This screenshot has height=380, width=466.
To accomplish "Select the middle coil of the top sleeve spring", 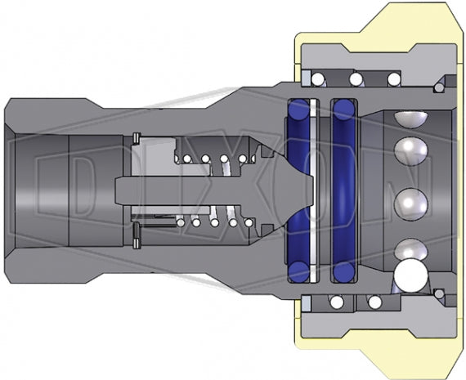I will pos(356,78).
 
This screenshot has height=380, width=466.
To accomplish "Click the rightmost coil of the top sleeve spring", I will pos(393,78).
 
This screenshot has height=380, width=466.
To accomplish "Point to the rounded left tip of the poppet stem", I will pos(114,190).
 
